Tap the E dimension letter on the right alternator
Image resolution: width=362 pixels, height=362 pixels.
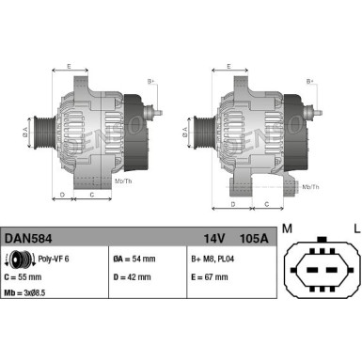pyautogui.click(x=230, y=67)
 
